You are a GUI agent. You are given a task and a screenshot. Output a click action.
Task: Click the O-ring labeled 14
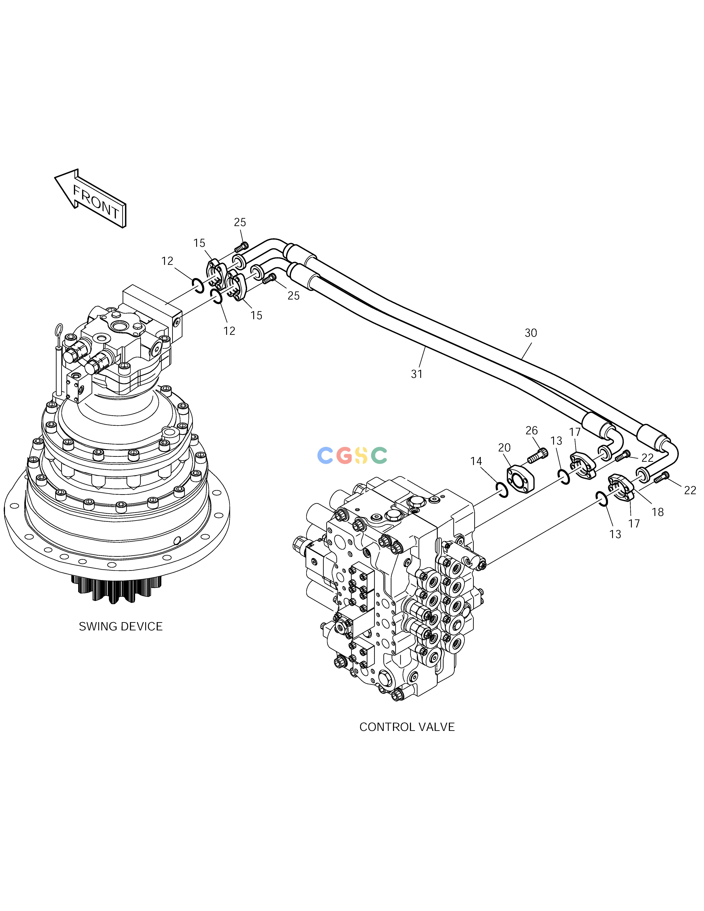pyautogui.click(x=502, y=490)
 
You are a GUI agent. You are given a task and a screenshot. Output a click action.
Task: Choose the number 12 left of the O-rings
pyautogui.click(x=167, y=261)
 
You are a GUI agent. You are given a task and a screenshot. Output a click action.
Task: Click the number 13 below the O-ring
pyautogui.click(x=615, y=534)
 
